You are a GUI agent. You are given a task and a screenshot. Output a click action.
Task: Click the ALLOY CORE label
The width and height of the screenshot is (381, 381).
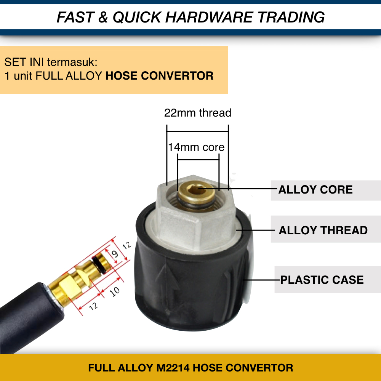(315, 190)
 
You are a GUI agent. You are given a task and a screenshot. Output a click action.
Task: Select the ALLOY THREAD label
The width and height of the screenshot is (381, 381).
(323, 230)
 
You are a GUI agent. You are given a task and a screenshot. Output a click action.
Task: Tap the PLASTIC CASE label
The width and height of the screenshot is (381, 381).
(322, 280)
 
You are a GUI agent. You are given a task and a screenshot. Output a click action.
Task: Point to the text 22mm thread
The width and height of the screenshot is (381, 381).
(198, 113)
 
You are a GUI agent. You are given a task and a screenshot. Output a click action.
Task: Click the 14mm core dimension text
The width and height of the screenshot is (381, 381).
(196, 147)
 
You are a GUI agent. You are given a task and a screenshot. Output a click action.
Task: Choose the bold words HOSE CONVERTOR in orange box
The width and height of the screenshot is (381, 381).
(159, 75)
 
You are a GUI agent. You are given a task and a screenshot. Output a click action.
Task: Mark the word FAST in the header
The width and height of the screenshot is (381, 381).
(75, 17)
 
